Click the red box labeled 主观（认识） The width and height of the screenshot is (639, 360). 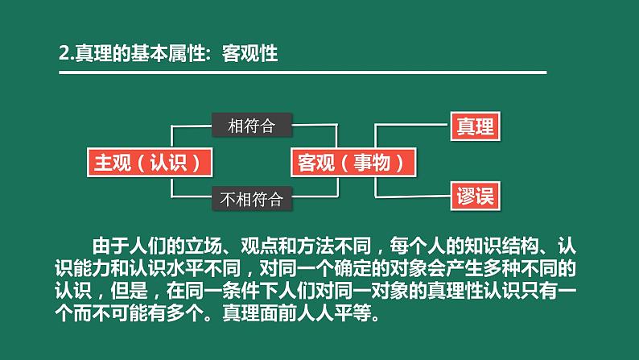[x=152, y=162]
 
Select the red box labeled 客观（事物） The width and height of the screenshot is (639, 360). [x=355, y=162]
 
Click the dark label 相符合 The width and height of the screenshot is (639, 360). [x=251, y=126]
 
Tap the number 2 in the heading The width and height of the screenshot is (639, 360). [x=64, y=54]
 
